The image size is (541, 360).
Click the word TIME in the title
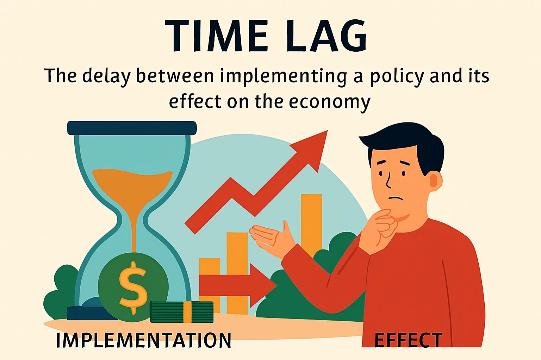click(x=217, y=36)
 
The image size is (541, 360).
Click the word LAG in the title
click(x=326, y=36)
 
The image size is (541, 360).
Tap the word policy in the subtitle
click(x=397, y=77)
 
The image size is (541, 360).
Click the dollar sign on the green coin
click(x=133, y=287)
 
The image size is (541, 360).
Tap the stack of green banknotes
click(x=181, y=312)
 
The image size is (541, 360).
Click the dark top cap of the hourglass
click(x=132, y=128)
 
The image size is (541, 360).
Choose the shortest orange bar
click(x=210, y=267)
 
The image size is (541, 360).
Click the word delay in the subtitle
click(x=106, y=77)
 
